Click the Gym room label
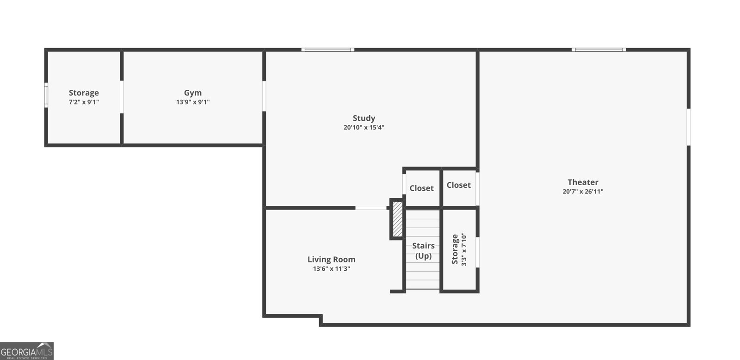coord(193,93)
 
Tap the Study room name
coord(364,118)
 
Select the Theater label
coord(583,182)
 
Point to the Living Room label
coord(331,260)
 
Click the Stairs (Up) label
coord(423,251)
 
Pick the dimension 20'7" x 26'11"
coord(583,192)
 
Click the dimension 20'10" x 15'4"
coord(364,128)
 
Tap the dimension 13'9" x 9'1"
coord(193,102)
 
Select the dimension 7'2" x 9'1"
coord(84,102)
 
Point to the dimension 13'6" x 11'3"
coord(331,269)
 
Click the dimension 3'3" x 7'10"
coord(464,249)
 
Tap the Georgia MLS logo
coord(27,351)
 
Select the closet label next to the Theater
coord(458,185)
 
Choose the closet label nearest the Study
coord(421,188)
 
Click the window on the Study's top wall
coord(328,50)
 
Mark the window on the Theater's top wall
coord(598,50)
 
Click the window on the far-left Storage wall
coord(46,95)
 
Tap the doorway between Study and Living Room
coord(371,208)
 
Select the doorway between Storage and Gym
coord(122,97)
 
